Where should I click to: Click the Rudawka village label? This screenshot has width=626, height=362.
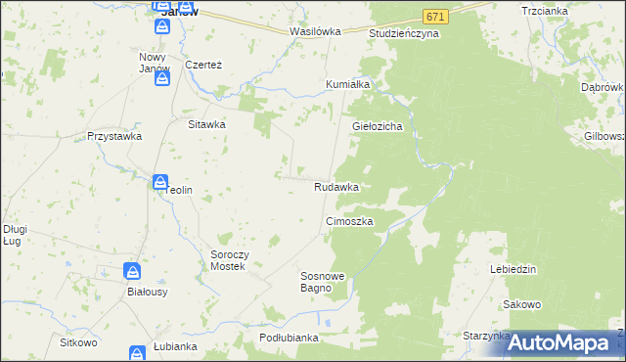click(x=335, y=186)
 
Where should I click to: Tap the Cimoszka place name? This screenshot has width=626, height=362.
click(x=349, y=222)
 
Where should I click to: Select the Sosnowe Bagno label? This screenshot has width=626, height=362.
click(x=323, y=283)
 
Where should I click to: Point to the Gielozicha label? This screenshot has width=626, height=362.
click(x=379, y=127)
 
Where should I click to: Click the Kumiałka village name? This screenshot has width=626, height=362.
click(x=347, y=84)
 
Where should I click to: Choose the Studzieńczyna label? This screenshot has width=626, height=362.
click(x=404, y=33)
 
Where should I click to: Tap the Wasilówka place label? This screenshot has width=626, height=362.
click(x=315, y=31)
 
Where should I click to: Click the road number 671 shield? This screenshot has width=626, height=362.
click(x=437, y=18)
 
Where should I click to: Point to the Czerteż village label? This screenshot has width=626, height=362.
click(x=204, y=65)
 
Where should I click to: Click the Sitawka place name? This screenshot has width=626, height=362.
click(x=207, y=125)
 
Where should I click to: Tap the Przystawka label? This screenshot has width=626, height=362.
click(x=110, y=137)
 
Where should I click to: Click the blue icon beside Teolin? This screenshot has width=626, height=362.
click(x=159, y=181)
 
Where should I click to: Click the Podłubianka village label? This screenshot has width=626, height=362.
click(x=289, y=338)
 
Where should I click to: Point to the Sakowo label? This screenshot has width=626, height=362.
click(x=522, y=304)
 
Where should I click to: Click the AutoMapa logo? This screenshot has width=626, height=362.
click(x=561, y=342)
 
